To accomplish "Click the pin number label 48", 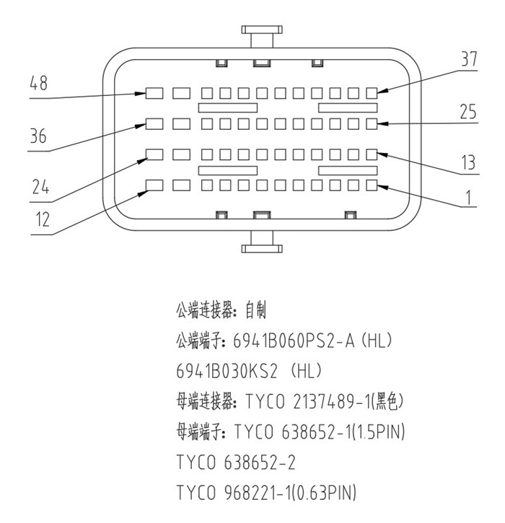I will coord(39,84).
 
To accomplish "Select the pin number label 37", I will coord(469,60).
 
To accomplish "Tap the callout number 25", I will coord(469,112).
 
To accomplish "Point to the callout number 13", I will coord(469,163).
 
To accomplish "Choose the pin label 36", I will coord(39,136).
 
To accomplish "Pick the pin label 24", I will coord(39,188).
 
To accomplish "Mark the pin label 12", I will coord(43,220).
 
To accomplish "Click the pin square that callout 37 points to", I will coord(372,93).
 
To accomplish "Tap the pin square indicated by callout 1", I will coord(372,185).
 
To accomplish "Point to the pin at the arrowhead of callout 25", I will coord(372,123).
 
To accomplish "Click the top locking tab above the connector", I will coord(260,35).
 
